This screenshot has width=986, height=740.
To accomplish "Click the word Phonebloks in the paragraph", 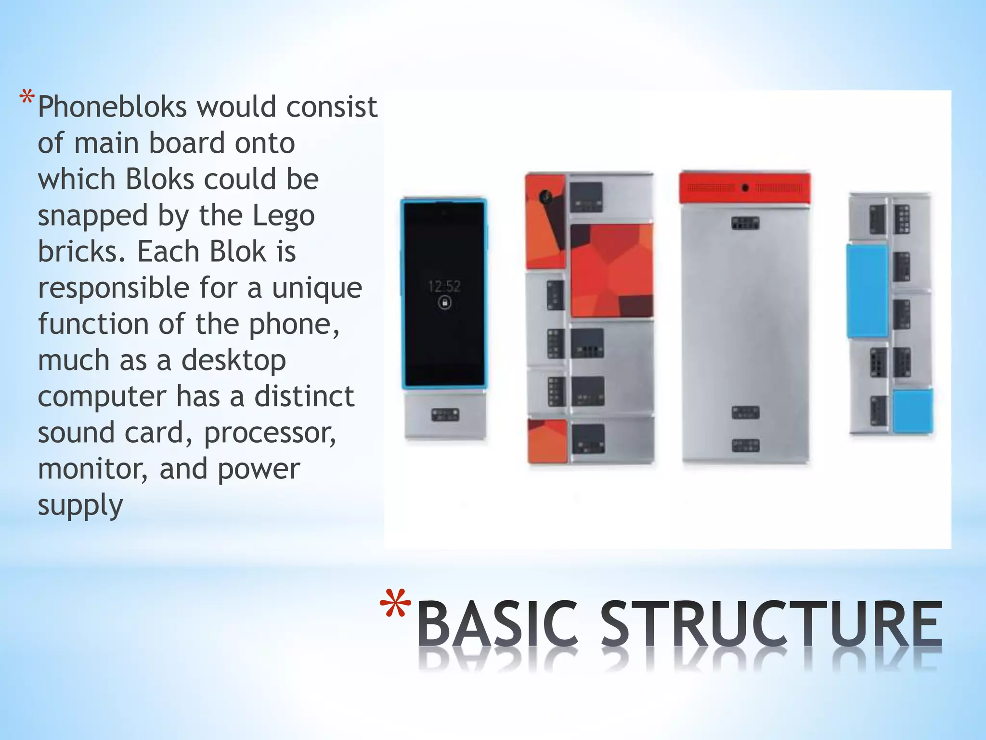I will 112,107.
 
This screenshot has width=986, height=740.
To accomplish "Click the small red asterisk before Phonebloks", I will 27,99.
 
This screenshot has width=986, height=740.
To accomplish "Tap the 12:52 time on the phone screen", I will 444,287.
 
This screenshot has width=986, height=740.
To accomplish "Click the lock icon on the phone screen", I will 444,303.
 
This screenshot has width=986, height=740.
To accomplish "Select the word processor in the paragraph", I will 270,433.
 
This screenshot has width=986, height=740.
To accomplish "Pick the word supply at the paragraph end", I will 80,505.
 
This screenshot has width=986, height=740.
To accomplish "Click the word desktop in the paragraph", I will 234,361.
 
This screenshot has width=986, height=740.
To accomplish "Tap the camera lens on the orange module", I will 545,197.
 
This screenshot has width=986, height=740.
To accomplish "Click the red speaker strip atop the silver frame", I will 745,187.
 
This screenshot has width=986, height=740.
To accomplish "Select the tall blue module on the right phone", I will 867,291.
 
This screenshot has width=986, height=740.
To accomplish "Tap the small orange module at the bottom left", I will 547,441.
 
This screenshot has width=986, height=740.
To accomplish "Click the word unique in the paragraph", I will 317,289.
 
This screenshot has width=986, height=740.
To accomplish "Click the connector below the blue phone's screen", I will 445,415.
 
